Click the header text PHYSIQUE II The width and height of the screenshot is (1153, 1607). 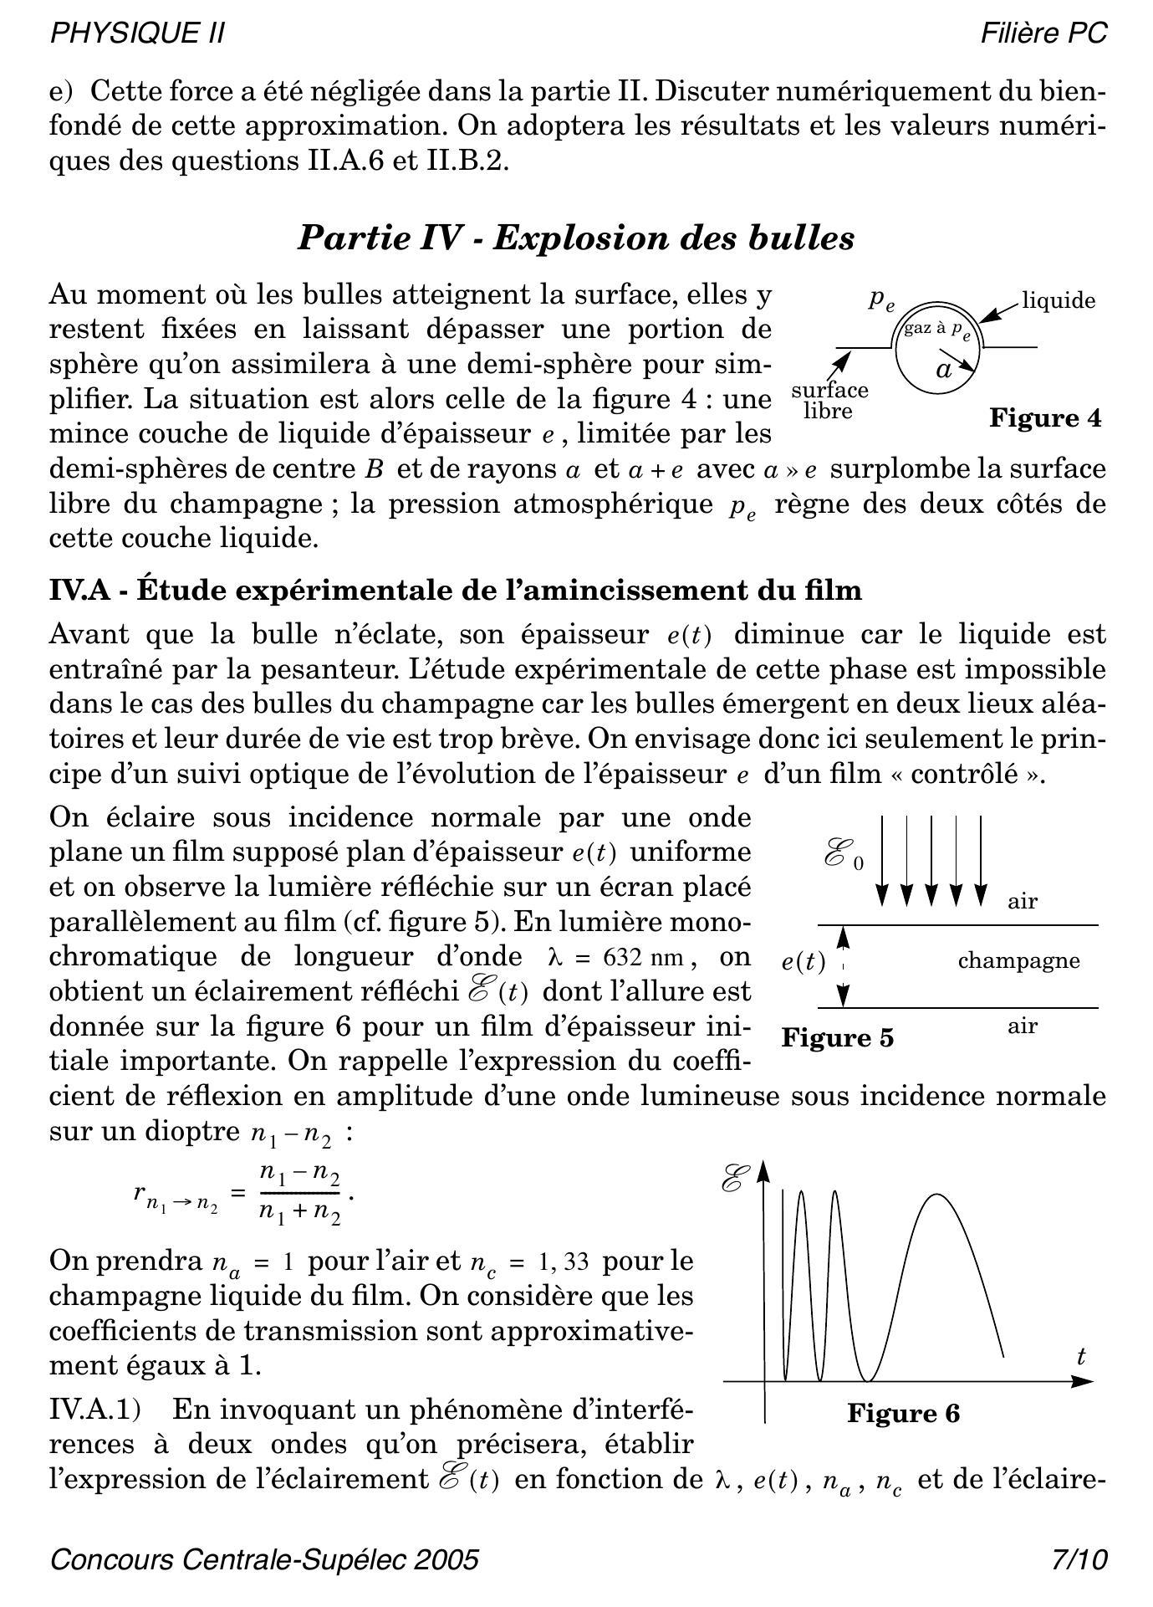click(137, 33)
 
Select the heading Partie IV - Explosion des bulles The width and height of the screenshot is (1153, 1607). click(576, 238)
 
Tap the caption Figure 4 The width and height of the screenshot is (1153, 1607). click(1045, 417)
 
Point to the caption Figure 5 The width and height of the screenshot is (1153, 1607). click(837, 1038)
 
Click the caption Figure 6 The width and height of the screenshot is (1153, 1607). click(903, 1414)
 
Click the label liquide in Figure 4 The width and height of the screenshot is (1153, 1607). click(1059, 301)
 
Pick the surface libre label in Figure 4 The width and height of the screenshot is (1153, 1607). click(829, 401)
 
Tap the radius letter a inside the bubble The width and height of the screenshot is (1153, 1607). click(944, 370)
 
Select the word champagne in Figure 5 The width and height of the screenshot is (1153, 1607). click(1018, 960)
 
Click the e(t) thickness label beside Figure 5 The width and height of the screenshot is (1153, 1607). click(804, 963)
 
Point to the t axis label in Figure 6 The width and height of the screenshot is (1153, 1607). click(1081, 1357)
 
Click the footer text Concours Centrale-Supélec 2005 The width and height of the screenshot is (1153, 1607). click(264, 1560)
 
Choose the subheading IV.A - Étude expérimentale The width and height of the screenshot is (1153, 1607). click(456, 591)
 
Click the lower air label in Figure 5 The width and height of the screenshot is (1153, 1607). click(1023, 1026)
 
